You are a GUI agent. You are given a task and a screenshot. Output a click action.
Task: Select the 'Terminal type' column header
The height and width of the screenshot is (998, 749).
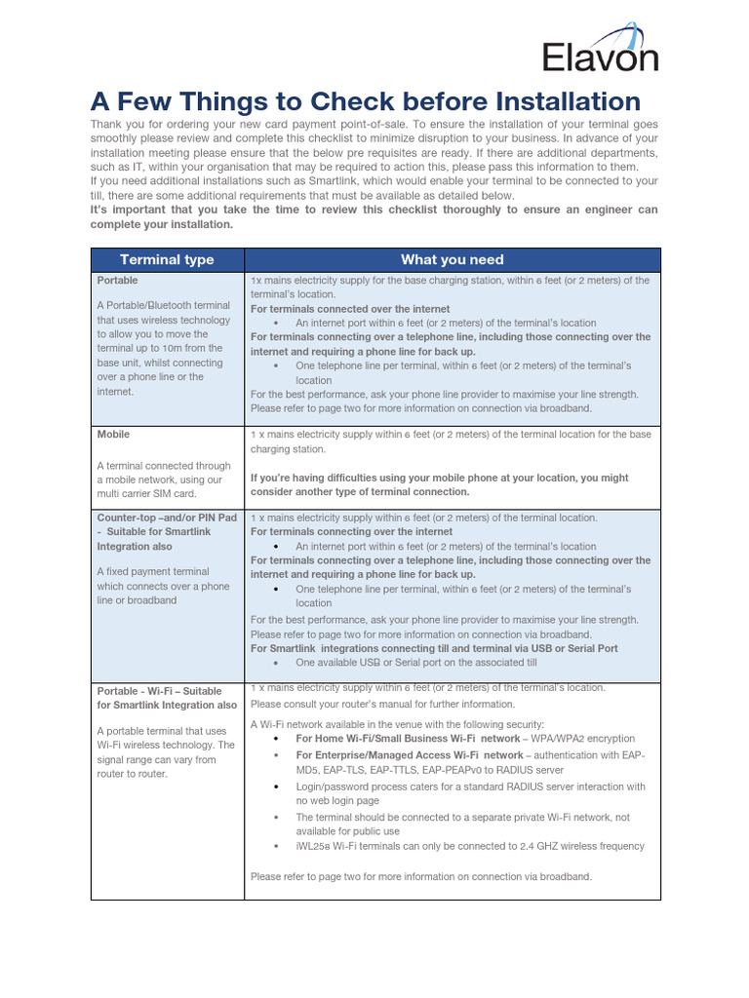[x=167, y=259]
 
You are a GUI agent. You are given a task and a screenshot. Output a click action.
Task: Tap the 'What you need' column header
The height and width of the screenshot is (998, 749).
[x=452, y=259]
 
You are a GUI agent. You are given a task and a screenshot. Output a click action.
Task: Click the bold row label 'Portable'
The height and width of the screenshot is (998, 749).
[x=118, y=280]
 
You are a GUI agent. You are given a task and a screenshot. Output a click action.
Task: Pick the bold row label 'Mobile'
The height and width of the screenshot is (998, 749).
[x=113, y=434]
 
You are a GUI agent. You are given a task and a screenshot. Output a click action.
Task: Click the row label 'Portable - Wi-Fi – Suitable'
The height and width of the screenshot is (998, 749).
[x=159, y=690]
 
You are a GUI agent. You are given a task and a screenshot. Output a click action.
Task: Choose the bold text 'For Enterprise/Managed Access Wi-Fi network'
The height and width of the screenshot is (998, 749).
[x=410, y=755]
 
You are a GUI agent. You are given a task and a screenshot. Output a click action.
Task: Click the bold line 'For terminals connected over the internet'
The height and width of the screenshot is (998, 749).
[x=350, y=309]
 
